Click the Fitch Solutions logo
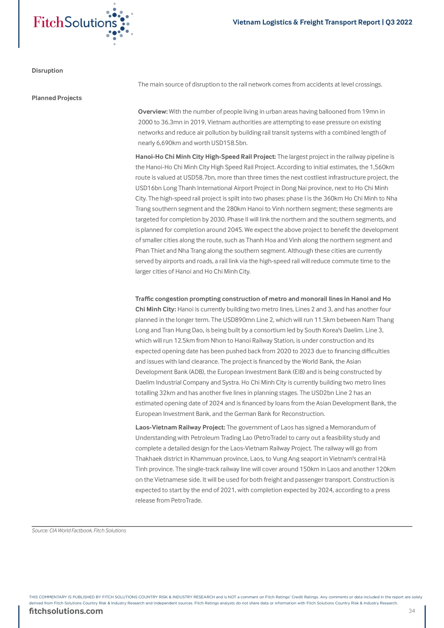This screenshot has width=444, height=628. pyautogui.click(x=82, y=23)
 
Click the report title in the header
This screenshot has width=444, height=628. pyautogui.click(x=322, y=22)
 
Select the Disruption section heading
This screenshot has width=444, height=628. pyautogui.click(x=47, y=71)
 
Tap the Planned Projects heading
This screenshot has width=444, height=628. pyautogui.click(x=57, y=98)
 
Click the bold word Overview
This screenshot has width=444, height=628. pyautogui.click(x=153, y=112)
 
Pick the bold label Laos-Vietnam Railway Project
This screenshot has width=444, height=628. pyautogui.click(x=180, y=427)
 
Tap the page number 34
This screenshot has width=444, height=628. pyautogui.click(x=412, y=611)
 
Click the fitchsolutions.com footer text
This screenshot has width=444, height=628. pyautogui.click(x=66, y=611)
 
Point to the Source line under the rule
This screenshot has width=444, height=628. pyautogui.click(x=79, y=530)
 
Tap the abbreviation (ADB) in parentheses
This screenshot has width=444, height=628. pyautogui.click(x=197, y=372)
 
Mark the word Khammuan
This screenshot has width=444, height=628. pyautogui.click(x=206, y=459)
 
